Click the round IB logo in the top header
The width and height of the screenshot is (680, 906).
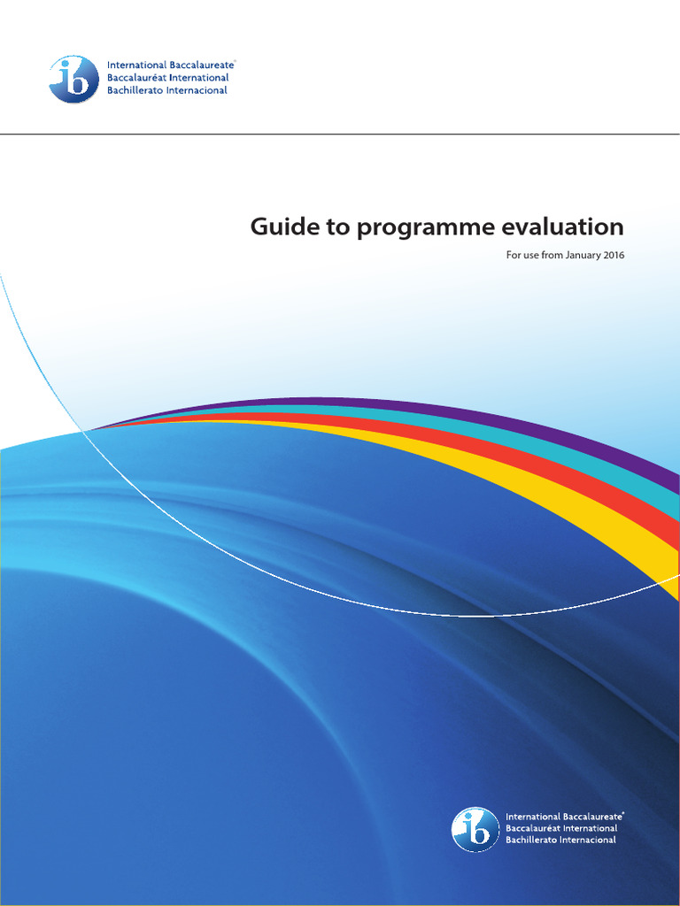point(73,79)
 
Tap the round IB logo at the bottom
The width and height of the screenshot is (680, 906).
point(475,829)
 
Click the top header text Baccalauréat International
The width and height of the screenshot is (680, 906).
point(167,78)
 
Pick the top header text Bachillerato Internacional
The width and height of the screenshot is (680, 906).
point(166,90)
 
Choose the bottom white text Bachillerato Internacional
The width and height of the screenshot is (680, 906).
point(560,840)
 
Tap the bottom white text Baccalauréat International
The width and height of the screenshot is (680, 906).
point(561,828)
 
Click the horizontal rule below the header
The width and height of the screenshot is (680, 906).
point(340,134)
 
